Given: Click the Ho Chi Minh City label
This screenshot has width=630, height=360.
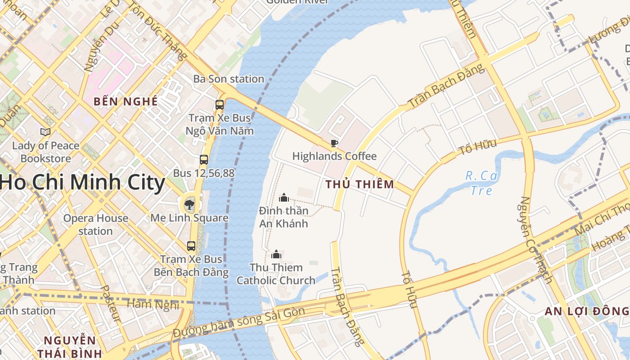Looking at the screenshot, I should tap(83, 183).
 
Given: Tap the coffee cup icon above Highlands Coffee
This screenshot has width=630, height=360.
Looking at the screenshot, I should tap(334, 143).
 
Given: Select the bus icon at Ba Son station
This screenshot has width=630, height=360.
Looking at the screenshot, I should tap(220, 104).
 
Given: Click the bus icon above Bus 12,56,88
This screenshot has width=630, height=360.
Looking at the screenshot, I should tap(204, 159).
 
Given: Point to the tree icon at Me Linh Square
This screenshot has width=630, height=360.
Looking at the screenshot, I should tap(189, 205).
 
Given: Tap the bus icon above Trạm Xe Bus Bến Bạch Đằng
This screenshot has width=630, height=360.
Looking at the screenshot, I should tap(191, 246).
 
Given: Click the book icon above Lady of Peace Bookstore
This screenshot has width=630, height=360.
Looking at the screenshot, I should tap(45, 132).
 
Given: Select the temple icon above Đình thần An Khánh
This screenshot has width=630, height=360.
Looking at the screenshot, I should tap(283, 197).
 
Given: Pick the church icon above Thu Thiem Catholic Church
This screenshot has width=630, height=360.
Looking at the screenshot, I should tap(276, 254).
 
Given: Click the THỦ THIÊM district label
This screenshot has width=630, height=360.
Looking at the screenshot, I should tap(360, 184).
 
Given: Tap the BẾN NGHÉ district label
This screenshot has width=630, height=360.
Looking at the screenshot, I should tap(126, 101).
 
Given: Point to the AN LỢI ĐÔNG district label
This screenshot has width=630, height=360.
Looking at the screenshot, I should tap(586, 311).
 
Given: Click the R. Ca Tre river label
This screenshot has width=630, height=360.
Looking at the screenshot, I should tap(481, 183).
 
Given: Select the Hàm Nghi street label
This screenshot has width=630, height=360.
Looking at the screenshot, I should tap(153, 305).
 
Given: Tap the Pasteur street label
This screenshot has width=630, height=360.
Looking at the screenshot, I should tap(110, 304).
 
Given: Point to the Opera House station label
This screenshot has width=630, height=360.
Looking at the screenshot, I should tap(95, 225).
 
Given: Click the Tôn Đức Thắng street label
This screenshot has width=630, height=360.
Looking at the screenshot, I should tap(158, 31).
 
